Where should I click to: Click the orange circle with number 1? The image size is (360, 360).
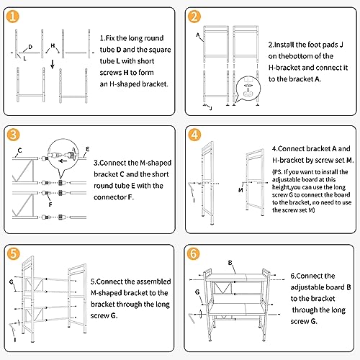coord(12,17)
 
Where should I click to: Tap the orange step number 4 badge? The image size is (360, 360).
coord(194,135)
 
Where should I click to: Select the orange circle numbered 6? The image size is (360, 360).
coord(193,253)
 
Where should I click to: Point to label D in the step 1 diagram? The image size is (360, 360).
coord(30,47)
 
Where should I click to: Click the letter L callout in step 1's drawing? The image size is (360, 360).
coord(24,58)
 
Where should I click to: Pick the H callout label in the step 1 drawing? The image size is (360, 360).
coord(53,45)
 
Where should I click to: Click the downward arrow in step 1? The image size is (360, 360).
coord(53,64)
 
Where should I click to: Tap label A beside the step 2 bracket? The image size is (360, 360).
coord(198,35)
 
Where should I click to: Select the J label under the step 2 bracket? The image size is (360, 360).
coord(211,108)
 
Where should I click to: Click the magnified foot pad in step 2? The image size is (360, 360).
coord(248,87)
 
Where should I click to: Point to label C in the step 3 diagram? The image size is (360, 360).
coord(20,150)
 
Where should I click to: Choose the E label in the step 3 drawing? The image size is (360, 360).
coord(87,149)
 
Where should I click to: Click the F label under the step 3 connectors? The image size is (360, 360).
coord(50,204)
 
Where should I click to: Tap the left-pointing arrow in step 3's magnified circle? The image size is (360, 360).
coord(63,161)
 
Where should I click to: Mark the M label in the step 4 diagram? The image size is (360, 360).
coord(240,190)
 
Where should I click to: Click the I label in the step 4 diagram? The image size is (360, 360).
coord(194,200)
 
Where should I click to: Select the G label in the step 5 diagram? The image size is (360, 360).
coord(12,282)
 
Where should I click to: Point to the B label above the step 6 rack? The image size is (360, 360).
coord(230,263)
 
